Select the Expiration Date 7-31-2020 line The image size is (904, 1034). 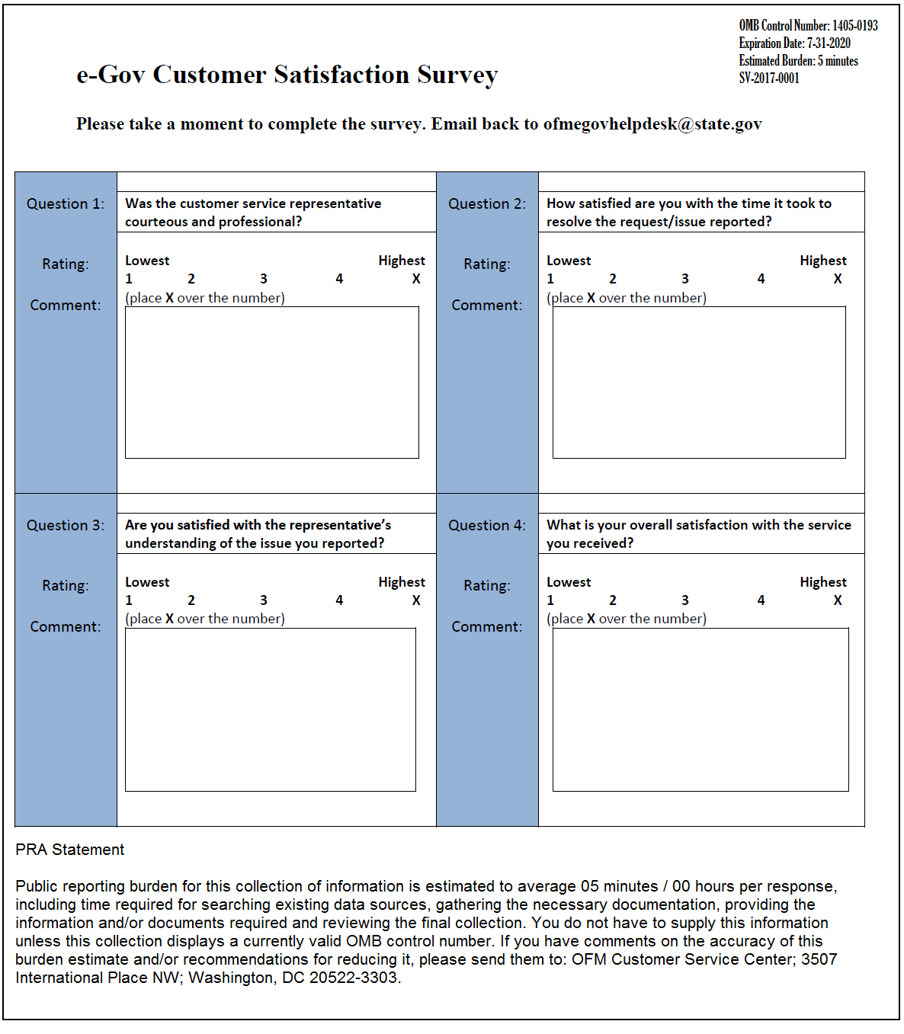[794, 43]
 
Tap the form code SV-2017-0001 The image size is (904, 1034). [769, 78]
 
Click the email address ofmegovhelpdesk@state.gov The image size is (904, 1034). [652, 124]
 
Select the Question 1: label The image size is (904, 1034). [66, 203]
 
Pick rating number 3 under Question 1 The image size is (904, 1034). [264, 279]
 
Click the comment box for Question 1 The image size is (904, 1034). [271, 382]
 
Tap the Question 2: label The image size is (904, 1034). [487, 203]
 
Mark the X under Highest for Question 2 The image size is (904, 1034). [838, 279]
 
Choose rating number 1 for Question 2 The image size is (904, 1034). [550, 279]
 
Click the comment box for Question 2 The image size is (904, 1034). [698, 382]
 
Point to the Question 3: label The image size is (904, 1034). [66, 525]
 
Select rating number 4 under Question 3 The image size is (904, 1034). [339, 600]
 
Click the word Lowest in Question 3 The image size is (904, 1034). [147, 582]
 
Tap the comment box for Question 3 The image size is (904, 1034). [270, 709]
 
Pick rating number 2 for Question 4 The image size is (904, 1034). [612, 600]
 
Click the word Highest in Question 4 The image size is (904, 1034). [822, 582]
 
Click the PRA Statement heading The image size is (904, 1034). [69, 850]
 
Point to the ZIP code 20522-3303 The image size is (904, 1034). [353, 978]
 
